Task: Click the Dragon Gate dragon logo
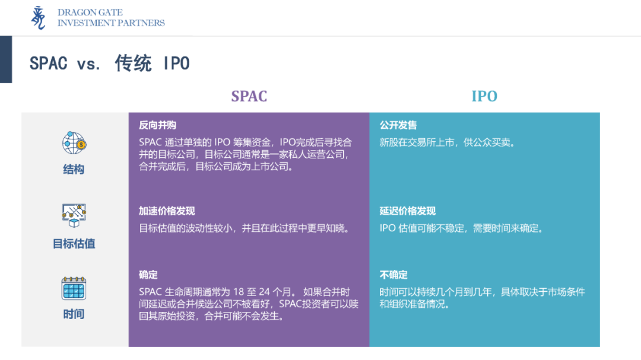(x=39, y=18)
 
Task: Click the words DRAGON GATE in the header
(x=90, y=12)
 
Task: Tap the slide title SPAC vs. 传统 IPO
(x=110, y=63)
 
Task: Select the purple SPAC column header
(x=249, y=96)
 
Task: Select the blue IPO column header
(x=484, y=96)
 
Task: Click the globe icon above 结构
(x=74, y=143)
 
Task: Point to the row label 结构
(x=74, y=169)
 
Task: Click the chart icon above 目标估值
(x=74, y=215)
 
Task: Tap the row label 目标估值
(x=74, y=244)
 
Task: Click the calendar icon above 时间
(x=74, y=288)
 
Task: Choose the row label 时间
(x=74, y=314)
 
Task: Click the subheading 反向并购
(x=157, y=125)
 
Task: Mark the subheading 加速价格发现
(x=167, y=211)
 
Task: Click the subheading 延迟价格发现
(x=408, y=211)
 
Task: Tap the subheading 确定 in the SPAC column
(x=148, y=275)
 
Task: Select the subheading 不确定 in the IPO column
(x=394, y=275)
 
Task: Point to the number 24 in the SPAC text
(x=264, y=292)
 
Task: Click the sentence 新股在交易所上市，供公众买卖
(x=447, y=142)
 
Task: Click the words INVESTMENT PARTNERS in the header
(x=111, y=23)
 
